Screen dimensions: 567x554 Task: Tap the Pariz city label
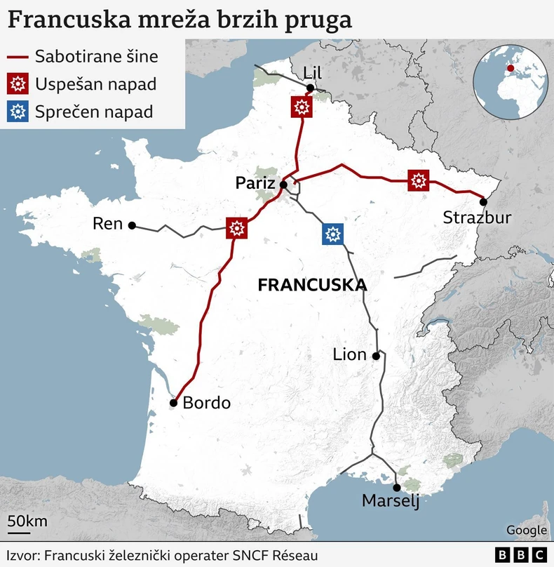click(255, 183)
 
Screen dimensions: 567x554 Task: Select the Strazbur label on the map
click(477, 218)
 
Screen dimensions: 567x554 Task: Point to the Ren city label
click(107, 225)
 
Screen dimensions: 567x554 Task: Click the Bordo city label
click(206, 403)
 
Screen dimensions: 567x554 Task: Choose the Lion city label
click(350, 354)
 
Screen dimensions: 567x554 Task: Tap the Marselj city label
click(391, 501)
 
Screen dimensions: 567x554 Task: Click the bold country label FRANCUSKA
click(313, 285)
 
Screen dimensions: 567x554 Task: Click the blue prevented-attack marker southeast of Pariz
click(333, 234)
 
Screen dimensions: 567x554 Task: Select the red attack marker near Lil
click(302, 107)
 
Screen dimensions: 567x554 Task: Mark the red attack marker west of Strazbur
click(419, 180)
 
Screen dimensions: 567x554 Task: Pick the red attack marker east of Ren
click(237, 228)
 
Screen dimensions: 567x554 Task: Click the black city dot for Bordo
click(173, 403)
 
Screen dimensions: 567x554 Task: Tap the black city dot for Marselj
click(397, 487)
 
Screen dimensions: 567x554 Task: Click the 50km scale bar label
click(27, 521)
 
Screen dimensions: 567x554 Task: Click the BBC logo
click(521, 555)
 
